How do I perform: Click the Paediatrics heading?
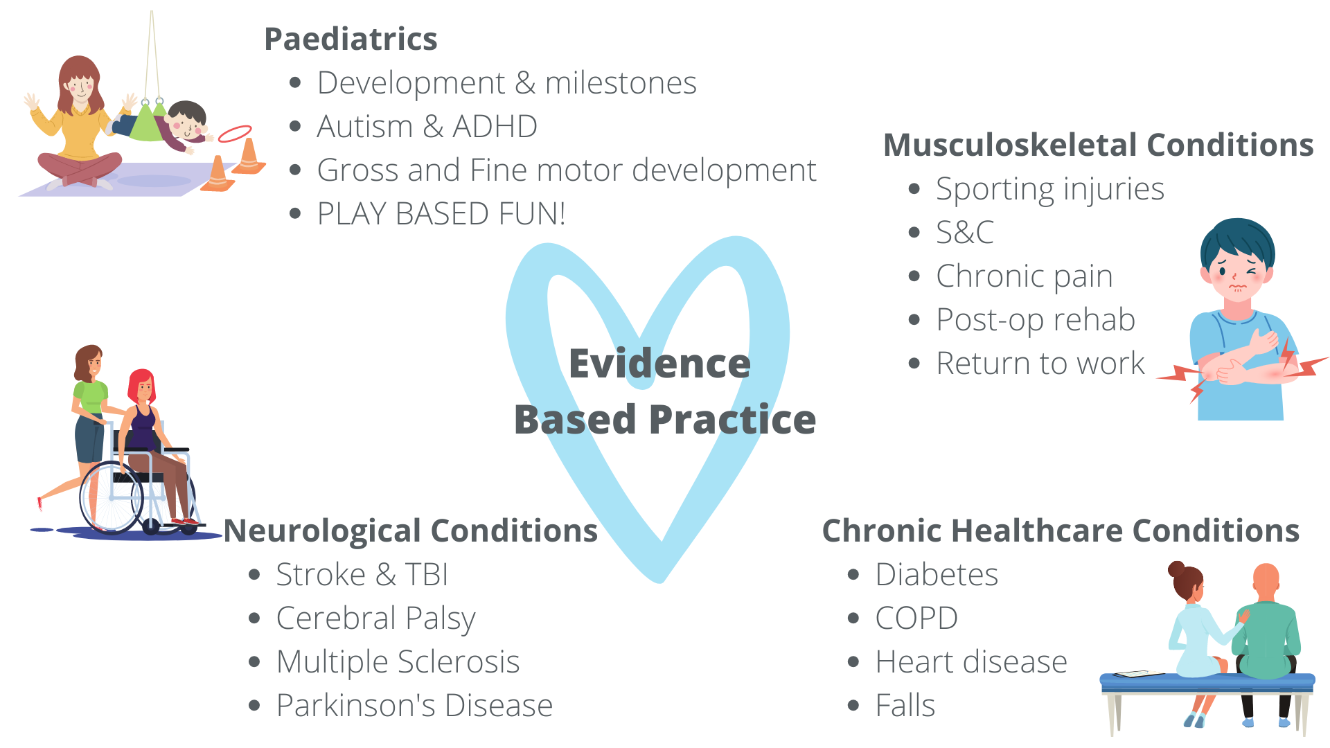coord(351,39)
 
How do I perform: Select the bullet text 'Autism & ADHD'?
coord(427,127)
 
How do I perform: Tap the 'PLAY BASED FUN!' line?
coord(441,214)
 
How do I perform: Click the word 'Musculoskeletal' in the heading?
coord(1011,145)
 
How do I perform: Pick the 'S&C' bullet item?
coord(965,233)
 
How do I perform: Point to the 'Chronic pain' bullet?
coord(1025,277)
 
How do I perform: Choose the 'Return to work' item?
coord(1040,364)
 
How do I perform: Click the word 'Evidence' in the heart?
coord(659,364)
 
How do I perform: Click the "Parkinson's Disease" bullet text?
coord(414,706)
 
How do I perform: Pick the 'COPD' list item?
coord(916,618)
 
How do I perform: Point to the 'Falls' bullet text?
coord(905,706)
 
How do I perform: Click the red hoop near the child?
coord(236,133)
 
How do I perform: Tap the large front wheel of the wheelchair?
coord(112,497)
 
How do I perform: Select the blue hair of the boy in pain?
coord(1238,242)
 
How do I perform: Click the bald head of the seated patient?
coord(1266,580)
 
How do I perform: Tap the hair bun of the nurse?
coord(1176,569)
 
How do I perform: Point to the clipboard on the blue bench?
coord(1139,674)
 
